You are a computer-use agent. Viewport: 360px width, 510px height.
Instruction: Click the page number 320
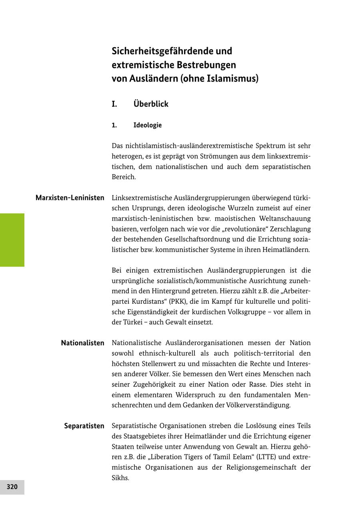click(12, 487)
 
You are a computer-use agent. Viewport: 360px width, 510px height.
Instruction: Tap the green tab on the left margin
click(12, 240)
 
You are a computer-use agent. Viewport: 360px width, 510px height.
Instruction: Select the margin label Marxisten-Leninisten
click(70, 198)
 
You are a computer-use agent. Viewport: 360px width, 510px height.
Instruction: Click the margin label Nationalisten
click(82, 343)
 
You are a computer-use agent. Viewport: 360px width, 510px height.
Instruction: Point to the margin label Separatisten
click(84, 426)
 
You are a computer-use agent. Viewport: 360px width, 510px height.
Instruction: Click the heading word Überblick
click(151, 104)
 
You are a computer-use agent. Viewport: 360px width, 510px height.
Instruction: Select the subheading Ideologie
click(148, 125)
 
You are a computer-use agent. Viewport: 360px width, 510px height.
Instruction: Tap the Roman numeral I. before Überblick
click(114, 104)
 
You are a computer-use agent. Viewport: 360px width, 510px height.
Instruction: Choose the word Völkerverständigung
click(258, 405)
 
